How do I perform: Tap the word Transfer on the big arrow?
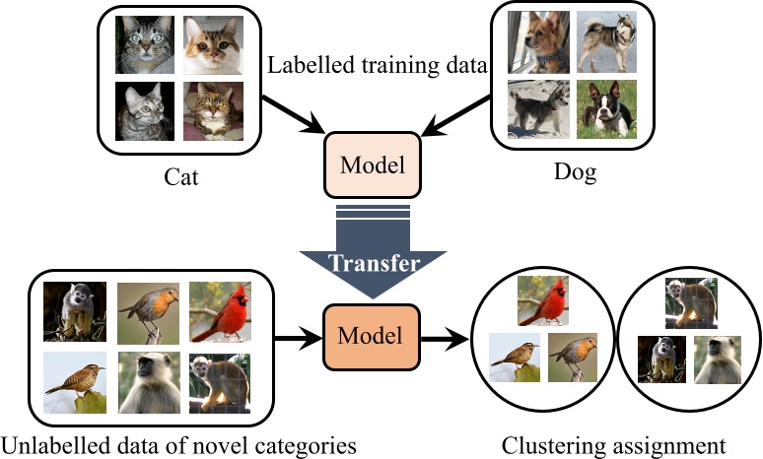(x=373, y=263)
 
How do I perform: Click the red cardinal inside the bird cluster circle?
(x=543, y=298)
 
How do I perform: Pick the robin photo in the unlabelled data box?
(x=148, y=310)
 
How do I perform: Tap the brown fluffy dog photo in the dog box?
(x=539, y=43)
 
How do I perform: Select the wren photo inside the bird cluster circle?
(x=514, y=357)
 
